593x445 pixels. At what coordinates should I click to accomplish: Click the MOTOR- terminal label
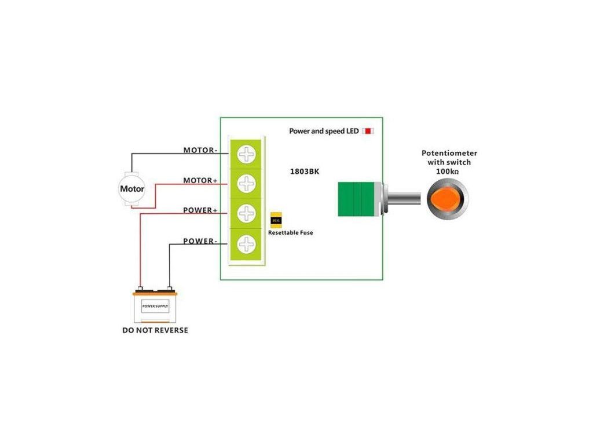[x=200, y=150]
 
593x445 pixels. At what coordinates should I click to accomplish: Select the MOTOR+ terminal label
[x=200, y=181]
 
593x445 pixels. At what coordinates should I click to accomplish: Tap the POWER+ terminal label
[x=200, y=210]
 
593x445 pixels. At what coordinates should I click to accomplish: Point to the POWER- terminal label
[x=200, y=241]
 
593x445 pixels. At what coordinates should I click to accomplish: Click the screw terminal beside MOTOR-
[x=247, y=154]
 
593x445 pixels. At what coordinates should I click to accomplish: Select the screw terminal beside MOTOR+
[x=247, y=184]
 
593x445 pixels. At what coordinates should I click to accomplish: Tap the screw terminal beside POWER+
[x=247, y=213]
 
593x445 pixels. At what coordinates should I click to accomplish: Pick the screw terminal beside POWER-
[x=247, y=243]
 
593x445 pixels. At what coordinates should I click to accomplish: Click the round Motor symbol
[x=132, y=189]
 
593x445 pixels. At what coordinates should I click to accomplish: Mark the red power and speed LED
[x=368, y=132]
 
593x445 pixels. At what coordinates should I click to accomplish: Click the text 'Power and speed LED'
[x=324, y=132]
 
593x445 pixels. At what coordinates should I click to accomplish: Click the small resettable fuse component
[x=276, y=220]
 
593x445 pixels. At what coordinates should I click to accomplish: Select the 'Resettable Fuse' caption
[x=290, y=232]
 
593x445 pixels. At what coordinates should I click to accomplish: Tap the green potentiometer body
[x=356, y=199]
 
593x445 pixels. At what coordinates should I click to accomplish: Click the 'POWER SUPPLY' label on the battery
[x=155, y=305]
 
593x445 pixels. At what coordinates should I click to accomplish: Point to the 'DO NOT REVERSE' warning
[x=155, y=330]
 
